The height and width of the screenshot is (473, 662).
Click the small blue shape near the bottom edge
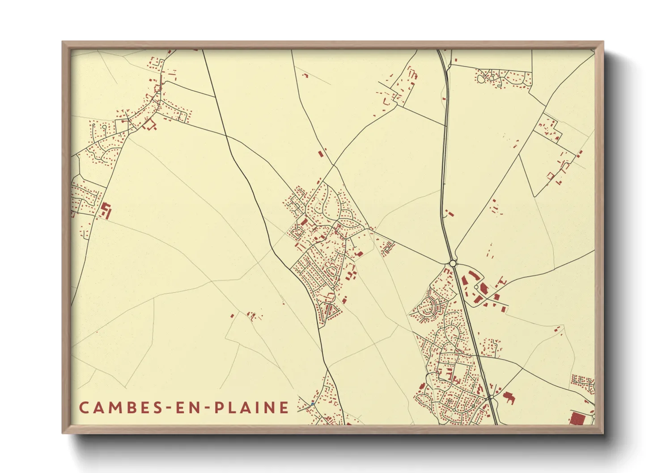(x=313, y=404)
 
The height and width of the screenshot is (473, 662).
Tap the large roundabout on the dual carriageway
(x=453, y=263)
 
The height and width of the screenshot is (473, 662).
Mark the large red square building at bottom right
(x=577, y=419)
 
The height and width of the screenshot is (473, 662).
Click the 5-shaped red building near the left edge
(x=106, y=210)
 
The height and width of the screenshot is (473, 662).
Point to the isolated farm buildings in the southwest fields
(x=252, y=316)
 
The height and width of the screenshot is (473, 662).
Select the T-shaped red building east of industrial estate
(x=500, y=281)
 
